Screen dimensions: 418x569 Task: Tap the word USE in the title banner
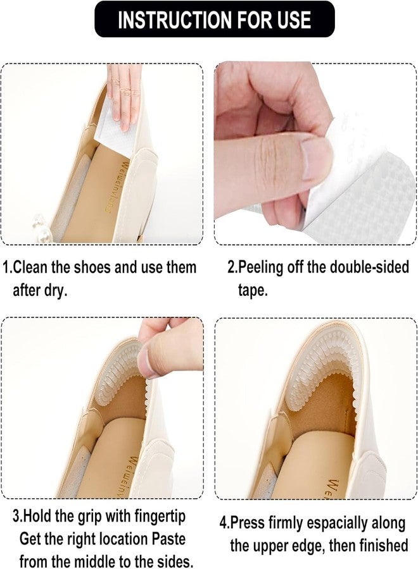tap(294, 20)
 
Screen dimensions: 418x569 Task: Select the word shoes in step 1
tap(92, 267)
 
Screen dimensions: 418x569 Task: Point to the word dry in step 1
tap(54, 291)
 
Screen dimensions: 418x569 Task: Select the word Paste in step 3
tap(168, 539)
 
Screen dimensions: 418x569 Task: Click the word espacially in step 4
tap(336, 523)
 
